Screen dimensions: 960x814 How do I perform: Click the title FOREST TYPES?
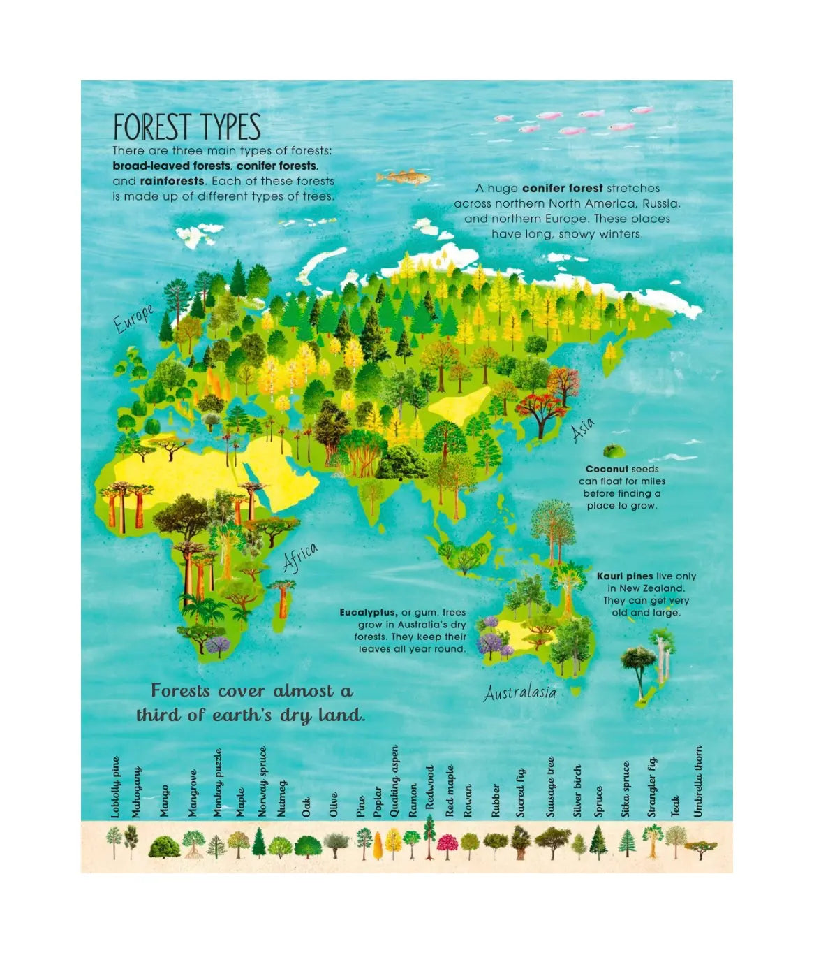point(187,128)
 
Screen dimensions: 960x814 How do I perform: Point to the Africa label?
point(300,557)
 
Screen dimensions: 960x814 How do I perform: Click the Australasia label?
point(520,692)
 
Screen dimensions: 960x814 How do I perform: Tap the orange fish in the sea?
point(404,177)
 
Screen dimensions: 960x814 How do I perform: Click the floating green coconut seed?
point(614,451)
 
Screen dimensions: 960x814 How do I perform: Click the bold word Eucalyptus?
point(369,613)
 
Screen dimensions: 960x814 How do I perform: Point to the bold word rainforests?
point(158,181)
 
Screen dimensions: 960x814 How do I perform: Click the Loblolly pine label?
point(116,787)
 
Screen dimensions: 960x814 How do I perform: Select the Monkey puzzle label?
point(218,783)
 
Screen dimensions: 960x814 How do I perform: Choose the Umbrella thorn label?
point(698,781)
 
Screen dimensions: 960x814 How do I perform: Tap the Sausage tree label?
point(550,787)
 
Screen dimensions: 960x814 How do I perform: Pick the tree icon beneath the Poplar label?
point(378,844)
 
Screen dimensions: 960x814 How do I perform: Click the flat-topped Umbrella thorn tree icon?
point(700,848)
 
